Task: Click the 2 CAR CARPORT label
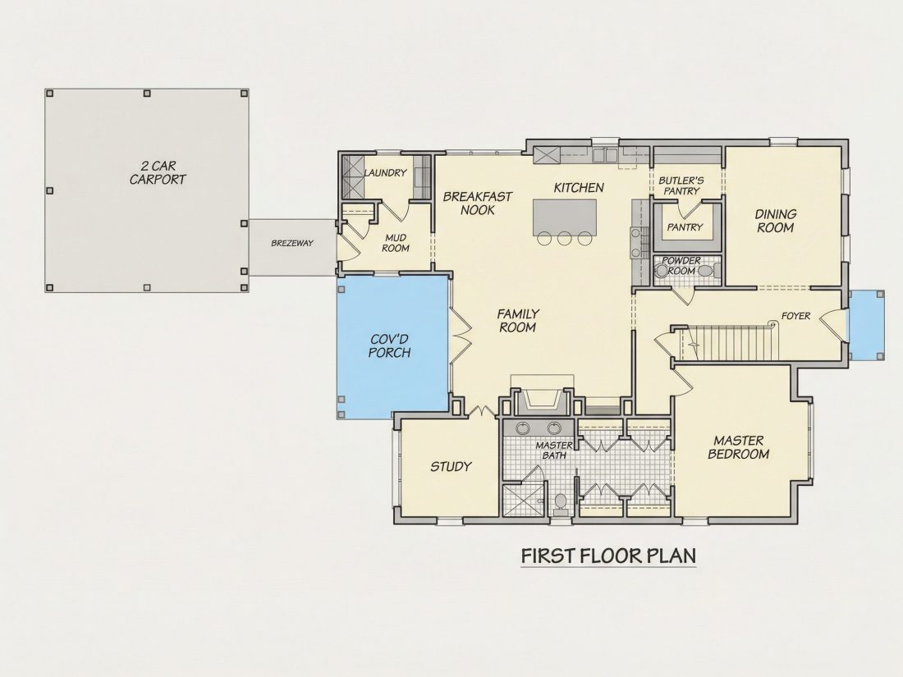point(158,172)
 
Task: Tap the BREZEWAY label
point(292,243)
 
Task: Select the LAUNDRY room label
point(385,172)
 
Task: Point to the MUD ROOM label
point(396,243)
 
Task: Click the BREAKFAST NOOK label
point(478,204)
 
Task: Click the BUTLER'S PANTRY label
point(681,185)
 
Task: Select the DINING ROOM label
point(776,221)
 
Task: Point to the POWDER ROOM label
point(681,265)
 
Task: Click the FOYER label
point(796,316)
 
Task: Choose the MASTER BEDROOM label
point(739,447)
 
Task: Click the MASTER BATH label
point(554,451)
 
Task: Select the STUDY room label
point(451,467)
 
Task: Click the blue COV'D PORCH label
point(389,346)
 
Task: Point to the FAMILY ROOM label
point(518,321)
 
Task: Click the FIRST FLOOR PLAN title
point(609,556)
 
